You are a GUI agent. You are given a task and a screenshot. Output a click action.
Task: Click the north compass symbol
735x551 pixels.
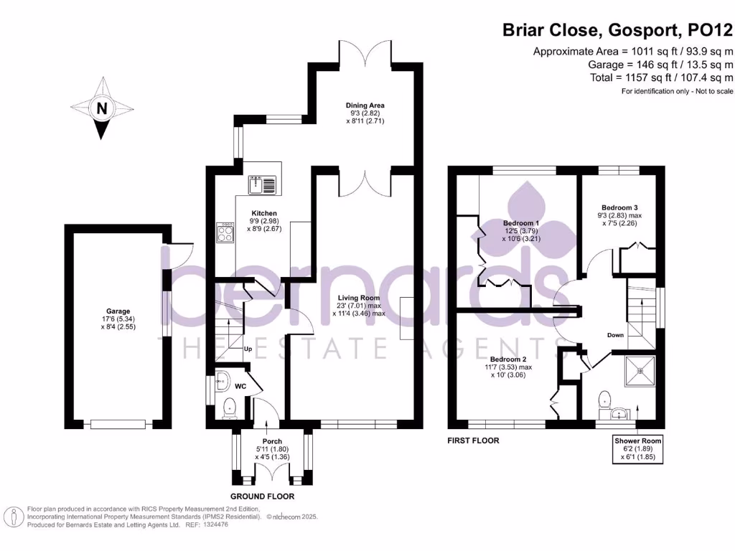tap(102, 109)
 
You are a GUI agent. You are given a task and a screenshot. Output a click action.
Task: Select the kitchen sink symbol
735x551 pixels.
tap(262, 185)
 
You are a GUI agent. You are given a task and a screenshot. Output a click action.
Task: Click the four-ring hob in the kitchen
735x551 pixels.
tap(225, 232)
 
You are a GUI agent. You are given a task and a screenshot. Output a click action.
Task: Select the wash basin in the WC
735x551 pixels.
tap(221, 378)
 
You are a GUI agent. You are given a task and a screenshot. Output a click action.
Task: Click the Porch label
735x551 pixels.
tap(272, 441)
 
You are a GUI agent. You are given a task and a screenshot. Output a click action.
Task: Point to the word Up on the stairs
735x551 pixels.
tap(248, 349)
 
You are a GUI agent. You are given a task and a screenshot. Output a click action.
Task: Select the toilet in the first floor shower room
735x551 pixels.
tap(604, 397)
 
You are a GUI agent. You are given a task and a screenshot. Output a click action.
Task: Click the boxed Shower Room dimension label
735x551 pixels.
tap(637, 448)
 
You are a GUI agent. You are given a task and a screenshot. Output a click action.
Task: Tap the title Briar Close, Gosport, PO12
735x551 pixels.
tap(617, 30)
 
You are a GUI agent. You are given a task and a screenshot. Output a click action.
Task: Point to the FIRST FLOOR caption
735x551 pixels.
tap(473, 441)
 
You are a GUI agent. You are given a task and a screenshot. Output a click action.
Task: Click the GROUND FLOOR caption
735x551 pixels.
tap(262, 496)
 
